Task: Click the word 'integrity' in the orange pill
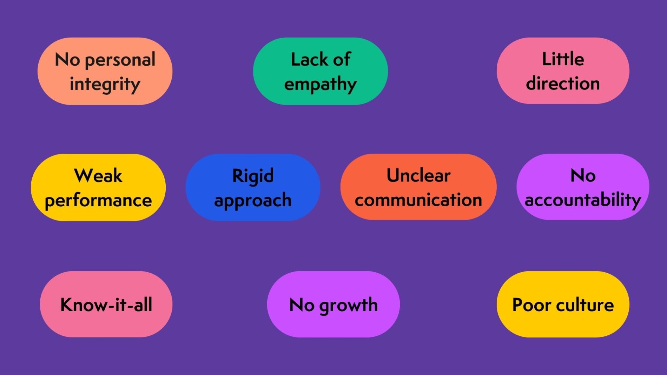point(105,84)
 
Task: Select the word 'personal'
point(120,60)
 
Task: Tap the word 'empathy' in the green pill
point(320,84)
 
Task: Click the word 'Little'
point(563,59)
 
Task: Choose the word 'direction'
point(563,83)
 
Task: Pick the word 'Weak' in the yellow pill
point(98,175)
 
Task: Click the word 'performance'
point(98,200)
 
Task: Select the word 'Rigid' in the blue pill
point(253,175)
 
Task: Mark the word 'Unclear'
point(418,175)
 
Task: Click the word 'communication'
point(418,200)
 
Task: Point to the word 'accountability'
point(583,200)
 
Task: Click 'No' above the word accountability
point(583,175)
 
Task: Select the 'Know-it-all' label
point(106,304)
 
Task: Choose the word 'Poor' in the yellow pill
point(531,304)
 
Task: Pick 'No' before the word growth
point(302,304)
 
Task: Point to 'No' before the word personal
point(67,60)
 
